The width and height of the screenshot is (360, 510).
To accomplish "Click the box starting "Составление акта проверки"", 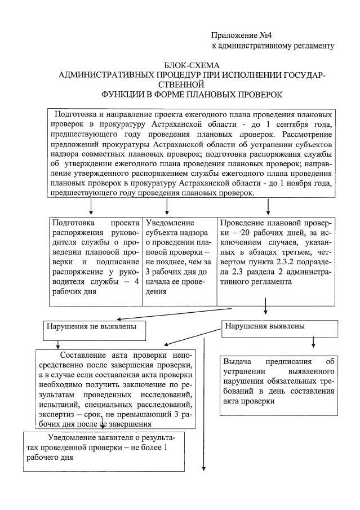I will (x=116, y=389).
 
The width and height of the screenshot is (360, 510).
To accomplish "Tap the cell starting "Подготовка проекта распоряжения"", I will (x=95, y=257).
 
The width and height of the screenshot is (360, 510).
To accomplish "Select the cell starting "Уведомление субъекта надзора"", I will (x=179, y=257).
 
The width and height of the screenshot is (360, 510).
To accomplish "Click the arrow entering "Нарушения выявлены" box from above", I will (x=265, y=312).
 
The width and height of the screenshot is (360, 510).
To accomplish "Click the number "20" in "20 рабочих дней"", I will (x=243, y=233).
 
